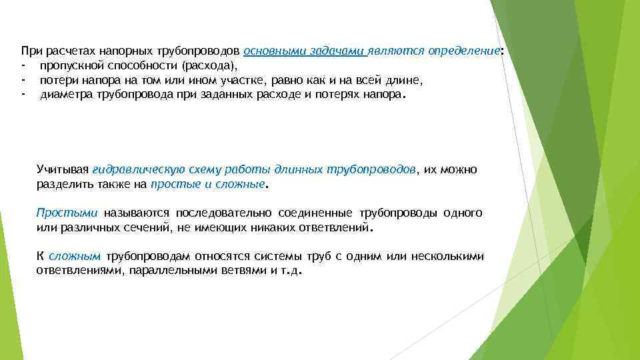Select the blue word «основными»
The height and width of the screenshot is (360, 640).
click(x=269, y=51)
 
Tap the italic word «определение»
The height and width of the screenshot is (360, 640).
click(x=463, y=51)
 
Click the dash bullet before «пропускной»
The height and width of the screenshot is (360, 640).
click(x=23, y=66)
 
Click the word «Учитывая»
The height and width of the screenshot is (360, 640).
click(x=62, y=170)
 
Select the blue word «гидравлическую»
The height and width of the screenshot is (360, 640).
click(x=132, y=170)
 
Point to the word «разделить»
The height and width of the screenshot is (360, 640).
click(x=64, y=184)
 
